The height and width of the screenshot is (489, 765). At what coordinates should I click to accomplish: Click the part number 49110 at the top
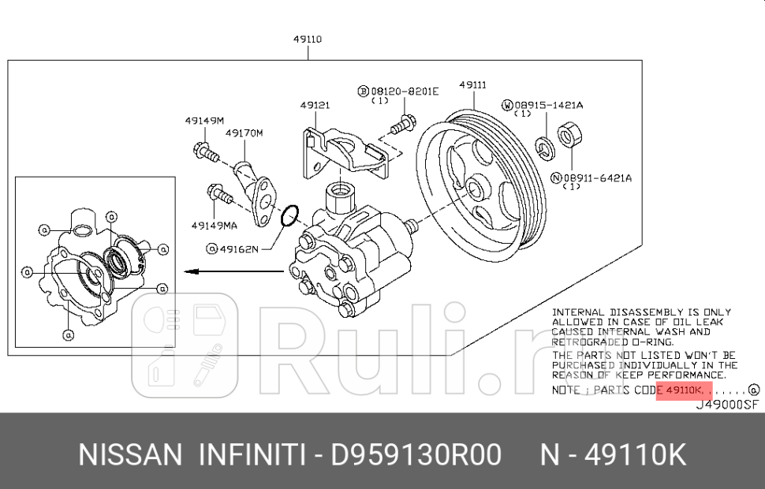(x=307, y=39)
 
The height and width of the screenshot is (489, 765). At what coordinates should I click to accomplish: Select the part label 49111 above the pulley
(x=472, y=84)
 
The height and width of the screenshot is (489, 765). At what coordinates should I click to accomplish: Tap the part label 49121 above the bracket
(x=315, y=105)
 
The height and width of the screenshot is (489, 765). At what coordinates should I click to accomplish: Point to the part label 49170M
(x=244, y=133)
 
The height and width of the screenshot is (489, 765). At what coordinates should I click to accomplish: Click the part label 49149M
(x=204, y=120)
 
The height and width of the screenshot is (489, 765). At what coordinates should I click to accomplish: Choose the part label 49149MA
(x=214, y=225)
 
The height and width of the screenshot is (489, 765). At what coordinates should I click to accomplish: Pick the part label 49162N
(x=237, y=249)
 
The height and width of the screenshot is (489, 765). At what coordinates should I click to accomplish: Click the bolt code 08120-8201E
(x=404, y=91)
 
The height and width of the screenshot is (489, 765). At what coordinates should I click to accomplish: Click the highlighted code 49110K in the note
(x=684, y=390)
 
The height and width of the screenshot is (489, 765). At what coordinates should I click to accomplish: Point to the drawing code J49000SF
(x=726, y=404)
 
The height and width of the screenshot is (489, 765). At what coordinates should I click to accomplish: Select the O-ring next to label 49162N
(x=289, y=213)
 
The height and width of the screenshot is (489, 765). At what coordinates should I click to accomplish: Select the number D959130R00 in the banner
(x=416, y=455)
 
